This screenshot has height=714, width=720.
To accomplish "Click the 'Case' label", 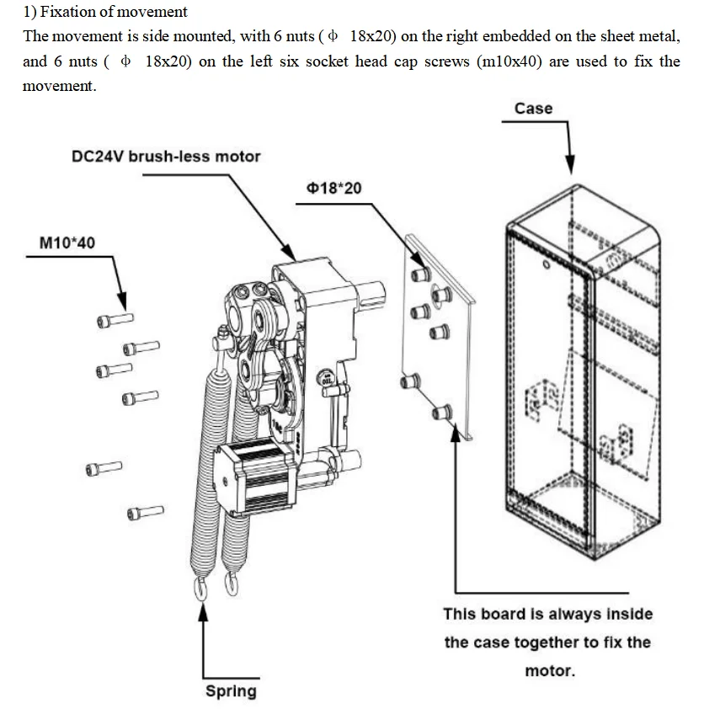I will [533, 109].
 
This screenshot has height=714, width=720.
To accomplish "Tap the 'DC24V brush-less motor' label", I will [166, 157].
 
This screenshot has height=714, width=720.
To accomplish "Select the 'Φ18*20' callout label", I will [334, 188].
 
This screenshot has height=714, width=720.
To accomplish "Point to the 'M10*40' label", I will [67, 243].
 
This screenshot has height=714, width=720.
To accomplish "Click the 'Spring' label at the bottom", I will [231, 691].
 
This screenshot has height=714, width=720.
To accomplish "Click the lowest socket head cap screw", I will [145, 511].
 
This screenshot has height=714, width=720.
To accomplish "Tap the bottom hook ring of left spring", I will [202, 589].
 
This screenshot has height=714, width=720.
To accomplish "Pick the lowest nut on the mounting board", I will [439, 412].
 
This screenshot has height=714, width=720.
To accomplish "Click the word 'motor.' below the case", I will [549, 671].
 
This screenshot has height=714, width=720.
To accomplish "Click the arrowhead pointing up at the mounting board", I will [456, 443].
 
